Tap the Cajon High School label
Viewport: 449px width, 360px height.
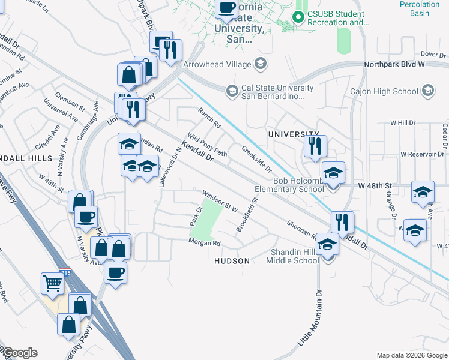coord(385,91)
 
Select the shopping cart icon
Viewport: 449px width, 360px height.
coord(52,283)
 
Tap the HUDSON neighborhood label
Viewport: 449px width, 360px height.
coord(232,262)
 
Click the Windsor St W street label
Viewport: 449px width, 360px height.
coord(220,201)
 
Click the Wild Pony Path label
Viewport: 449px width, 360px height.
coord(208,145)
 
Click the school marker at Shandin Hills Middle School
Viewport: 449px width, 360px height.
coord(328,245)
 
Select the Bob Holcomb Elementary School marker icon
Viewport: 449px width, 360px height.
coord(333,173)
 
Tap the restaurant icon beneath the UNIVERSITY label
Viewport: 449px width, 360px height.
coord(315,146)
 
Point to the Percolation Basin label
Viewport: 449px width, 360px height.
coord(419,8)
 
